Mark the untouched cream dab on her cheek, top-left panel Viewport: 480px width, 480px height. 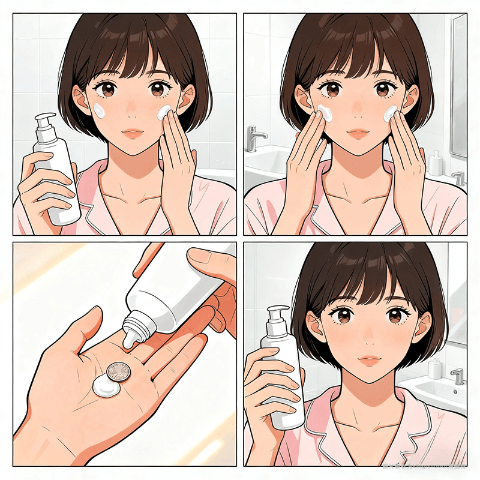point(100,110)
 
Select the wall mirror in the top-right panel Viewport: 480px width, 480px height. point(458,84)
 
